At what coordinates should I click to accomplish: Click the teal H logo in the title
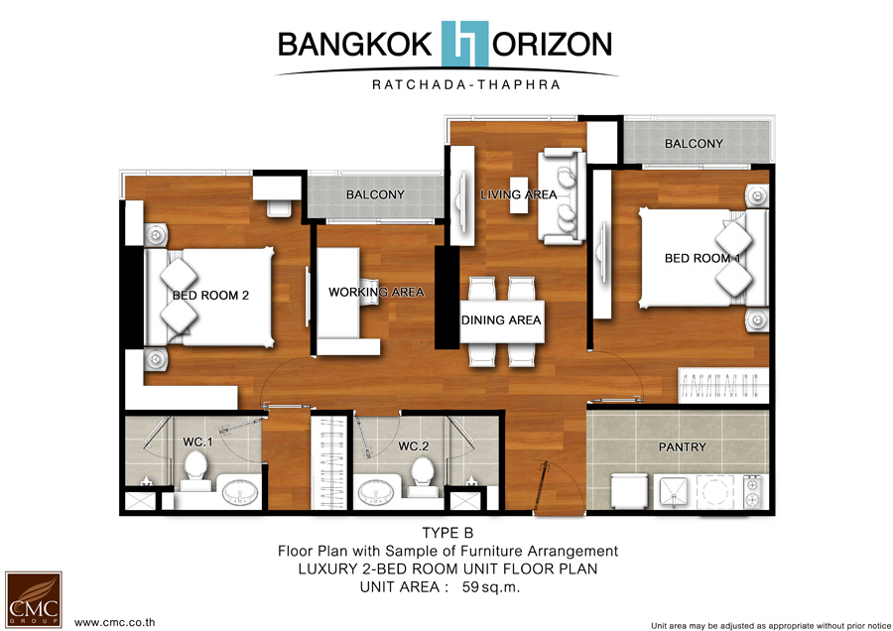(464, 44)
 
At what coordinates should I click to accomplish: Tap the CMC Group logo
(34, 599)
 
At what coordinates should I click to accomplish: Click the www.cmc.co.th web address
(114, 622)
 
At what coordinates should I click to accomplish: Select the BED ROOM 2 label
(210, 295)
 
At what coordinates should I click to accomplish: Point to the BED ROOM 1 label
(702, 258)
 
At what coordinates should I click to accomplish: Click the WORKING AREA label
(376, 292)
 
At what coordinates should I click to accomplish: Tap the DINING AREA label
(501, 320)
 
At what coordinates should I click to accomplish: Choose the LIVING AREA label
(518, 194)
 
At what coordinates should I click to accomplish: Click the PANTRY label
(683, 447)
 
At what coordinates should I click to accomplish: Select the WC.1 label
(197, 442)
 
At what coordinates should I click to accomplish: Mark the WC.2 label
(414, 445)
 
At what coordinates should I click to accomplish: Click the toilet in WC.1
(195, 470)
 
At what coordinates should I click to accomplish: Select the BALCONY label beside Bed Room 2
(375, 194)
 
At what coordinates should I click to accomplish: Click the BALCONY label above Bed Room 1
(694, 144)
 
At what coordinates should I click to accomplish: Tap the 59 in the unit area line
(470, 587)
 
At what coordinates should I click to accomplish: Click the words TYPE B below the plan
(447, 533)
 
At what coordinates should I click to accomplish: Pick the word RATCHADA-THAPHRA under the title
(466, 85)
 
